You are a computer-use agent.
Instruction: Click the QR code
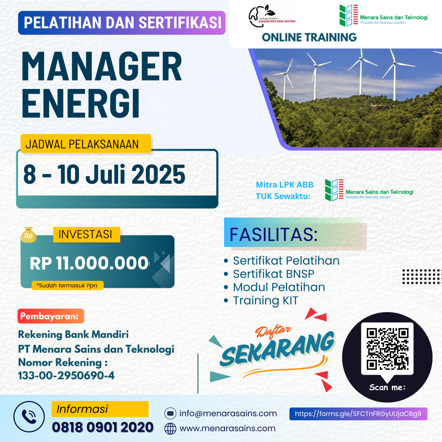click(x=387, y=349)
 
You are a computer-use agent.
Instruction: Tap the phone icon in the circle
click(x=29, y=417)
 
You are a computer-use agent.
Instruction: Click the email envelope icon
click(x=170, y=414)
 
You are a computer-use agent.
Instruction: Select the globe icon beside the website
click(x=170, y=429)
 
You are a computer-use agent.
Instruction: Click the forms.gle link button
click(x=358, y=414)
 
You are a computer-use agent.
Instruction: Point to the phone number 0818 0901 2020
click(x=103, y=427)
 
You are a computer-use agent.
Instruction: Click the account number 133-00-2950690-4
click(x=66, y=376)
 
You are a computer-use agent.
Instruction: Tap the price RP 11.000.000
click(x=89, y=263)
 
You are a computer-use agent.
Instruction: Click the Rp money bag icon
click(x=28, y=235)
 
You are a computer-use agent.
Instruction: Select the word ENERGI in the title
click(x=81, y=103)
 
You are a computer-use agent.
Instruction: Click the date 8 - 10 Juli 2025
click(x=104, y=174)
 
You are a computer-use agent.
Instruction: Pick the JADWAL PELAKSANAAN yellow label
click(x=86, y=144)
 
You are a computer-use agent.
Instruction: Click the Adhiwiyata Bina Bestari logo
click(x=272, y=16)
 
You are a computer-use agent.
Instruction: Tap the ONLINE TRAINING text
click(x=309, y=37)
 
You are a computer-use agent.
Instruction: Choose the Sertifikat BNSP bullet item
click(x=269, y=274)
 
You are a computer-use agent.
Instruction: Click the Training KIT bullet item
click(x=261, y=300)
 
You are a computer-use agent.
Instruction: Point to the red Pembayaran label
click(x=51, y=316)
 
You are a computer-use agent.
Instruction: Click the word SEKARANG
click(x=278, y=349)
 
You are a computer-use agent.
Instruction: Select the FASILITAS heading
click(x=273, y=234)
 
